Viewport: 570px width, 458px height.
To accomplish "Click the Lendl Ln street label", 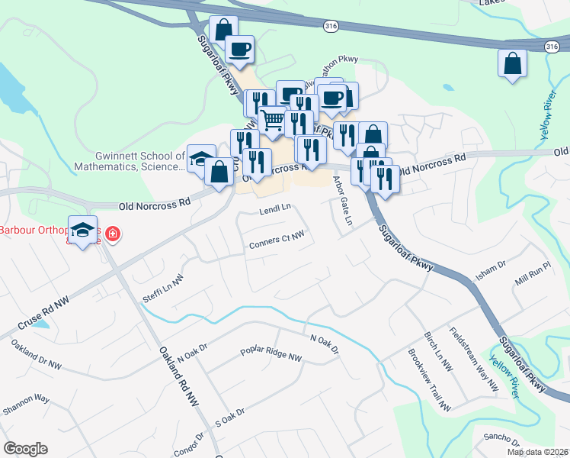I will [x=275, y=208].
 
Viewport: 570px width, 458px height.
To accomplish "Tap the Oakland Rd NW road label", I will [x=180, y=374].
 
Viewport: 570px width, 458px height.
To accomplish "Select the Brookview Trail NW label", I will [x=429, y=380].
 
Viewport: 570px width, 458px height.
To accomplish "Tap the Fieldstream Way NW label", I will [x=473, y=361].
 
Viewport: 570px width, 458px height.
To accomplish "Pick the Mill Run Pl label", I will [x=532, y=275].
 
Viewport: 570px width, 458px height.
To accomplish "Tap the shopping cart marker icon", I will [x=272, y=119].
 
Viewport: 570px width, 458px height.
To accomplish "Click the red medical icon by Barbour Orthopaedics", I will [x=113, y=233].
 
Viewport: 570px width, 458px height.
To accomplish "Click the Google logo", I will [x=25, y=449].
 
